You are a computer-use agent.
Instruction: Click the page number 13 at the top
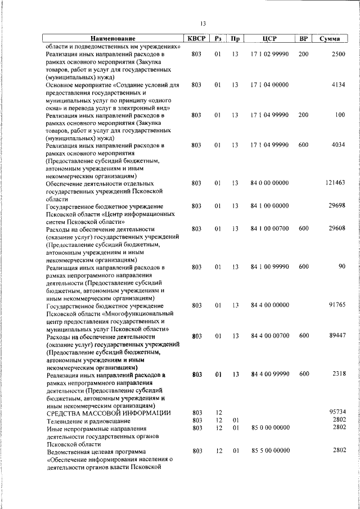202,23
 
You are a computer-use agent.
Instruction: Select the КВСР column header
196,39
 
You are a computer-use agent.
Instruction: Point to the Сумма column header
329,39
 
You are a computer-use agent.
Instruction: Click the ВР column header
304,39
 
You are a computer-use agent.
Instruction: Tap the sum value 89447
336,336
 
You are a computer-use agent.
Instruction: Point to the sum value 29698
336,206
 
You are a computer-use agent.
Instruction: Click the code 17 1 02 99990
269,54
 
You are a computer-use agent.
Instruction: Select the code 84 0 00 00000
269,183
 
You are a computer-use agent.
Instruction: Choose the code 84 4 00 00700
269,336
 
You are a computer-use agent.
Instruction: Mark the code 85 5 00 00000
269,451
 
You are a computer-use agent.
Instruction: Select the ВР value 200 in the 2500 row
304,54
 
